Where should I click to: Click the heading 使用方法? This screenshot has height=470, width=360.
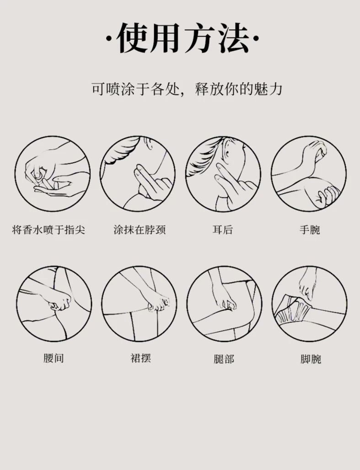[x=183, y=38]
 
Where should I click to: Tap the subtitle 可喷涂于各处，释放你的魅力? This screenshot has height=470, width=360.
[x=187, y=89]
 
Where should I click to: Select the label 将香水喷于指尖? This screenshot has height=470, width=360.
[x=48, y=230]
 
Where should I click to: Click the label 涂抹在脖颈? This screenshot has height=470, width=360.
[x=140, y=230]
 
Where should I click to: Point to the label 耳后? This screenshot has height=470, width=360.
[x=223, y=230]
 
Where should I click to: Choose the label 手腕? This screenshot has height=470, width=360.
[x=310, y=230]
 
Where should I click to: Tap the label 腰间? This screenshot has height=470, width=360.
[x=54, y=358]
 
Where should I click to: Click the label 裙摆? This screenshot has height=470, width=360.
[x=140, y=358]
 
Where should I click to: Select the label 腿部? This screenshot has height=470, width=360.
[x=224, y=358]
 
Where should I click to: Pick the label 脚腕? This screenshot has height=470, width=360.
[x=311, y=358]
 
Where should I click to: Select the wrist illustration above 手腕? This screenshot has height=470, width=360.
[x=309, y=174]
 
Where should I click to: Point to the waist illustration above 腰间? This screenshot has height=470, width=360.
[x=54, y=303]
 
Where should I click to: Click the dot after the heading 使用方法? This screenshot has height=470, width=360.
[x=257, y=38]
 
